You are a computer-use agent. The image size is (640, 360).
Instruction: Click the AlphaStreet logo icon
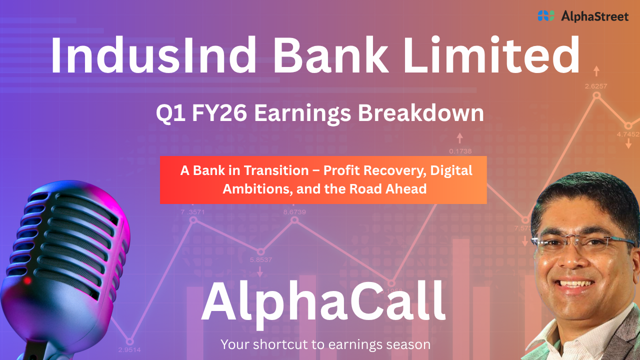coord(546,15)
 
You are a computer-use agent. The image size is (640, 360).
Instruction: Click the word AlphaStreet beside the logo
coord(595,16)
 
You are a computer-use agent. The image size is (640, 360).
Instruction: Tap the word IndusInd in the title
coord(153,55)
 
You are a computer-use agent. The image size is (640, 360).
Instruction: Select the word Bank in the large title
coord(330,55)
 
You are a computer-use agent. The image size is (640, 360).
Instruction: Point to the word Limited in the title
coord(491,55)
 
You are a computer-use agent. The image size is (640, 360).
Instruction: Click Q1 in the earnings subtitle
coord(170,113)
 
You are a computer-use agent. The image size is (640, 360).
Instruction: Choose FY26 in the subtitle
coord(219,113)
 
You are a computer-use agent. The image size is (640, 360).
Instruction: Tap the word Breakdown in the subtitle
coord(421,113)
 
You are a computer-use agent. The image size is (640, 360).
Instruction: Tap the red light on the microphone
coord(27,280)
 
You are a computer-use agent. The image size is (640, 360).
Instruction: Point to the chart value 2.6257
coord(596,86)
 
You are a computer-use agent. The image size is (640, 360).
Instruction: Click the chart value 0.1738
coord(460,151)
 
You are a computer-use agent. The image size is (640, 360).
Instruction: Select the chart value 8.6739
coord(294,212)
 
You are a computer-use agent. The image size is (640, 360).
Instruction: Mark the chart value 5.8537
coord(261,259)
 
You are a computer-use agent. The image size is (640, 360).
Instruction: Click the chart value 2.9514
coord(129,349)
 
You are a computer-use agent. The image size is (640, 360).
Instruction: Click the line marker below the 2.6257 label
coord(596,95)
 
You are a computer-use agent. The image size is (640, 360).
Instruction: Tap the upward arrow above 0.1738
coord(459,138)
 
